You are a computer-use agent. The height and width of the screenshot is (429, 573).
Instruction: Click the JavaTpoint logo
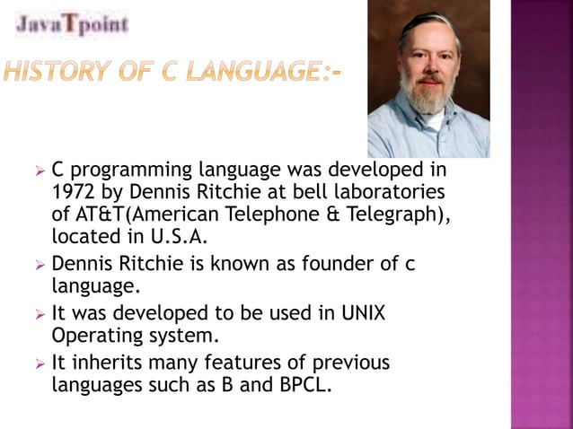click(72, 23)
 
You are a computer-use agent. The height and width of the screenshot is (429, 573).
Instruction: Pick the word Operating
click(93, 337)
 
